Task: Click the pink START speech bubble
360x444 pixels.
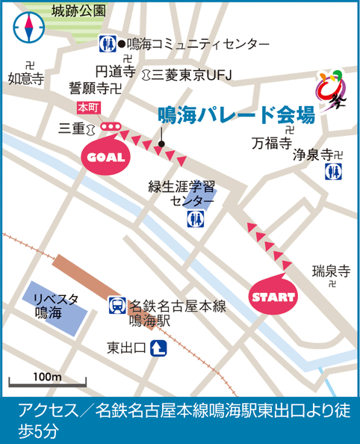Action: pyautogui.click(x=272, y=297)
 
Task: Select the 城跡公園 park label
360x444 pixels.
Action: pyautogui.click(x=78, y=11)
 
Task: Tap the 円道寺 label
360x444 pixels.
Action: pyautogui.click(x=115, y=72)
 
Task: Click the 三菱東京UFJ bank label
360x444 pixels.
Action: pyautogui.click(x=193, y=73)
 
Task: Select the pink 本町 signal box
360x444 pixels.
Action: pyautogui.click(x=88, y=108)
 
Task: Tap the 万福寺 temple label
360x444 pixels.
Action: pyautogui.click(x=270, y=142)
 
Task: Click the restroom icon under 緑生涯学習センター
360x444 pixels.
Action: pyautogui.click(x=196, y=218)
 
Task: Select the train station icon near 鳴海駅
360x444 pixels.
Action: pyautogui.click(x=117, y=306)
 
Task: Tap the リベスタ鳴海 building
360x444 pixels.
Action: pyautogui.click(x=53, y=306)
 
